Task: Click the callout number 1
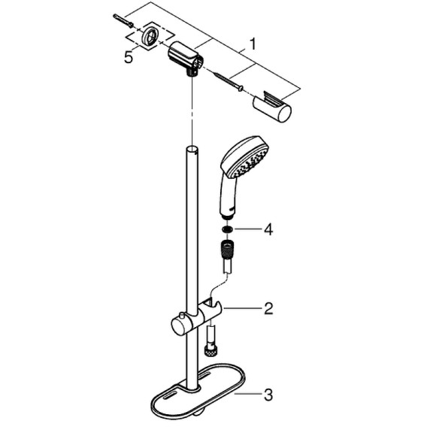253,45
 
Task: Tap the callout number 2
268,308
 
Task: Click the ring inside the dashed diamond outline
151,35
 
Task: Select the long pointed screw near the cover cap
228,82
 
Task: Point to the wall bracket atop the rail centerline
187,59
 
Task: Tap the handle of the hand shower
229,196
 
